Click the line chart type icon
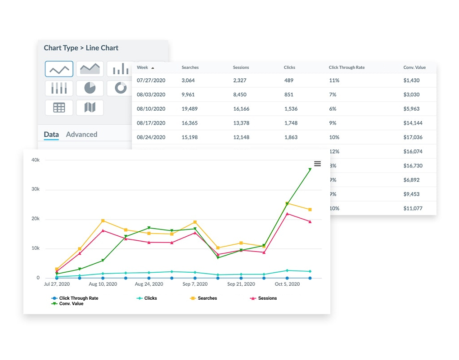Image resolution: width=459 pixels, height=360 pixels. [x=59, y=69]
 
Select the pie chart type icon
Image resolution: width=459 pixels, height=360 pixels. [x=90, y=88]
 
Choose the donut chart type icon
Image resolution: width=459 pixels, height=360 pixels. [x=121, y=88]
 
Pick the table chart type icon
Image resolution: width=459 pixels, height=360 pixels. [x=59, y=108]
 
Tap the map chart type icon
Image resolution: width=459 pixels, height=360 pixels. [x=90, y=108]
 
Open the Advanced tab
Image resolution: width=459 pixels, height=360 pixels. [x=81, y=134]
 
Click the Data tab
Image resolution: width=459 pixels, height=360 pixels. [x=51, y=134]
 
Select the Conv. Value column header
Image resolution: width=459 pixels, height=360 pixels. [x=414, y=67]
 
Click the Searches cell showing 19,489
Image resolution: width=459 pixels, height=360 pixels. [x=191, y=108]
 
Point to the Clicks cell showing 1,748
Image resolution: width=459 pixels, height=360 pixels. [x=290, y=123]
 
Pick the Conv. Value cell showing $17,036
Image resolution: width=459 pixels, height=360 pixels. [x=413, y=137]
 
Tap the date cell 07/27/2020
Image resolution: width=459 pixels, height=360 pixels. [x=151, y=80]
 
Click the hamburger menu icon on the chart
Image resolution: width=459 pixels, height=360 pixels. [x=317, y=164]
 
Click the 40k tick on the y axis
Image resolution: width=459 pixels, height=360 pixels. [x=35, y=160]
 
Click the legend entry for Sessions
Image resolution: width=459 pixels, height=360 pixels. [x=267, y=298]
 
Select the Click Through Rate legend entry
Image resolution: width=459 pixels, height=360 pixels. [x=78, y=298]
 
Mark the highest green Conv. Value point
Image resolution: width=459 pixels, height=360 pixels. [x=310, y=170]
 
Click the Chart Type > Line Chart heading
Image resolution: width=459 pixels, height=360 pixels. [x=81, y=48]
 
